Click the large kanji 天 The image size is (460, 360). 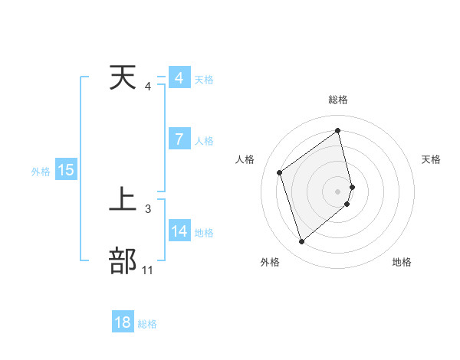[x=123, y=78]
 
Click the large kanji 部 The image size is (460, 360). [x=123, y=260]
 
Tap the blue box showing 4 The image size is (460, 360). [x=179, y=78]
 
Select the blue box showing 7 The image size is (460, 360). [x=179, y=139]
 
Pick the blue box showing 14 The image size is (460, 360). [x=179, y=231]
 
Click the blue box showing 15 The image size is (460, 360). [x=66, y=170]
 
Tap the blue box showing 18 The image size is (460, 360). [x=123, y=322]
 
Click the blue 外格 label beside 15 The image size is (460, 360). [x=41, y=172]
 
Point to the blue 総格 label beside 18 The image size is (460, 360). [x=147, y=324]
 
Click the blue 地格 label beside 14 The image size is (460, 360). [x=204, y=232]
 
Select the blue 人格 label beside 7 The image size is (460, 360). [x=204, y=141]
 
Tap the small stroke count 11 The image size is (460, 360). [x=148, y=270]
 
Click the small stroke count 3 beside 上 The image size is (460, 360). [x=148, y=208]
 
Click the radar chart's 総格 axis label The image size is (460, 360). [x=338, y=100]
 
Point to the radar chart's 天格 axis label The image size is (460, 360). [x=432, y=159]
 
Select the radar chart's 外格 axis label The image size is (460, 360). [x=270, y=262]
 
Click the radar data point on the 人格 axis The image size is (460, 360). [x=280, y=172]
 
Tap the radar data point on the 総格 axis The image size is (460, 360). [x=338, y=131]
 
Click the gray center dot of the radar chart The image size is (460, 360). [x=338, y=191]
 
